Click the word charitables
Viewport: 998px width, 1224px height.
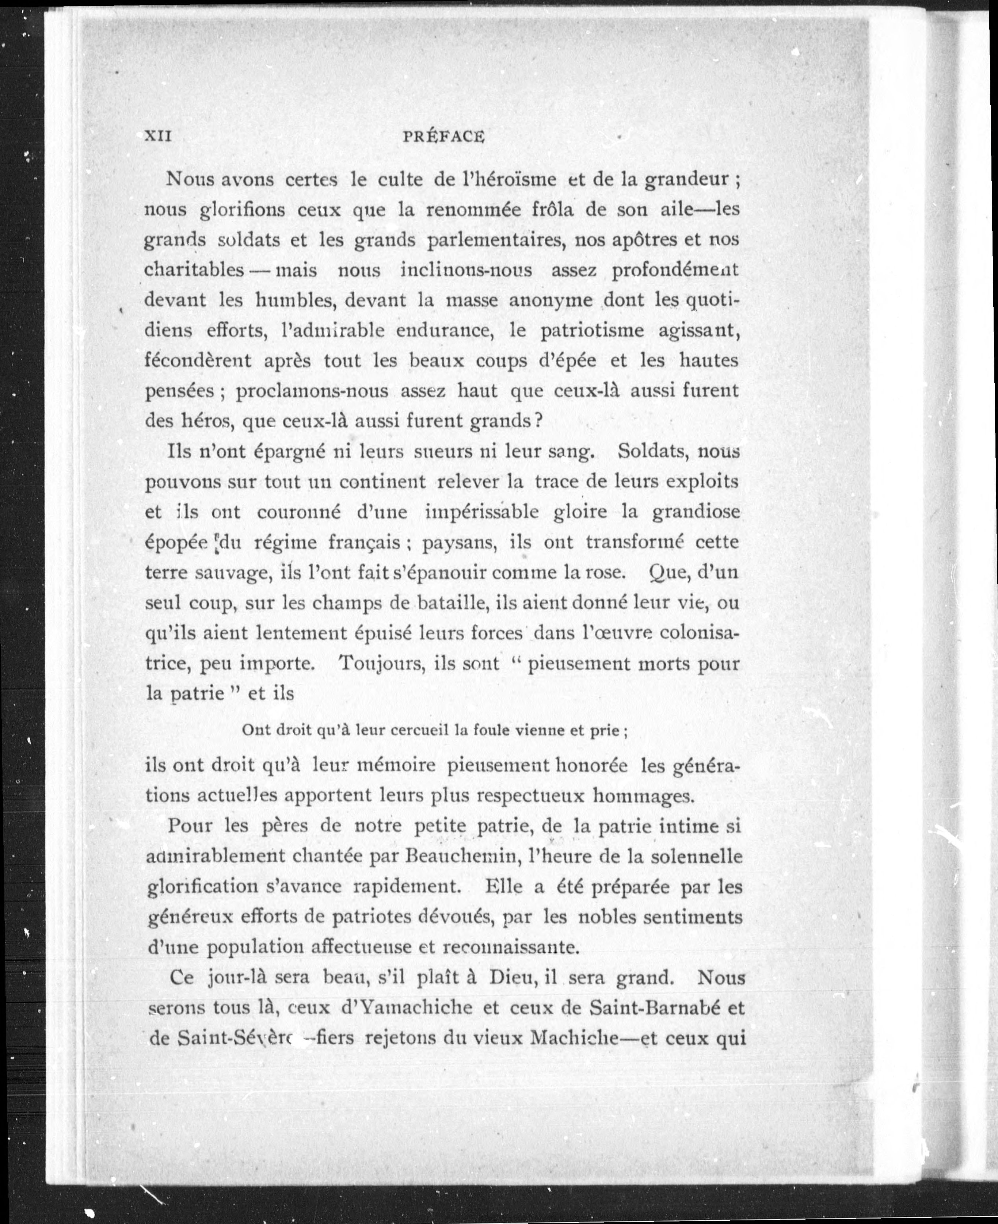pos(194,270)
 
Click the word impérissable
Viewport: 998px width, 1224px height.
pos(482,512)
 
